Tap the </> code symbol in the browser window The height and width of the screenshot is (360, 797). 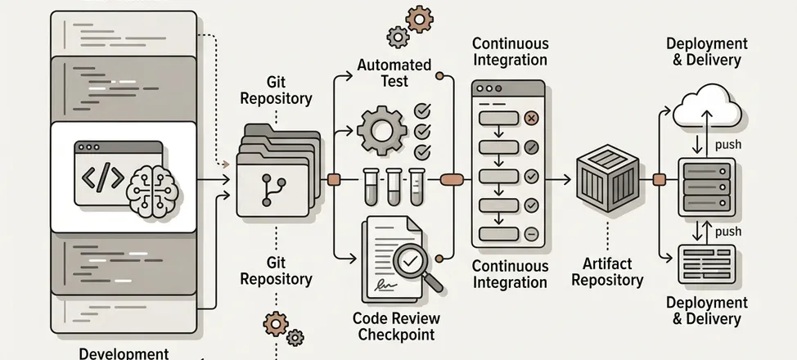coord(100,178)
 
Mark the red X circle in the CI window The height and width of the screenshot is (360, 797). coord(530,119)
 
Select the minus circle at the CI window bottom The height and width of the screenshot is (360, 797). coord(530,233)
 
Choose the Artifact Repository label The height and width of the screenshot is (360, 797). coord(607,272)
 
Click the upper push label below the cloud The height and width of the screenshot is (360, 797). coord(728,145)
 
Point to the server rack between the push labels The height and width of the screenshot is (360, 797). coord(706,187)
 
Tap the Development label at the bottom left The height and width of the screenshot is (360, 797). coord(124,353)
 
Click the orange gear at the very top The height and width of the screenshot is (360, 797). coord(420,18)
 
